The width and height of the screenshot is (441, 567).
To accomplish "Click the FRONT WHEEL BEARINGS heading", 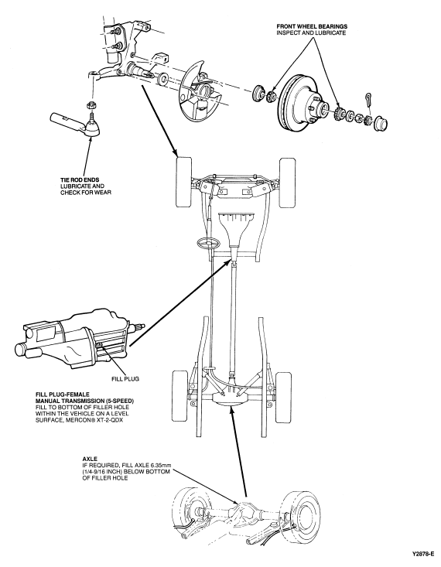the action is tap(312, 26).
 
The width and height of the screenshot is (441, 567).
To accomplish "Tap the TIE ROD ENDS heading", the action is tap(80, 179).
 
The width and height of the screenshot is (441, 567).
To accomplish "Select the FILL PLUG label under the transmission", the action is tap(125, 379).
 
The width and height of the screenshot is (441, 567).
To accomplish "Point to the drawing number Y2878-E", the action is tap(422, 554).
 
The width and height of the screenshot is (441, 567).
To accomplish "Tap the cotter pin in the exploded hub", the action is tap(367, 100).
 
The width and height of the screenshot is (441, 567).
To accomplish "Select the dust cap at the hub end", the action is tap(380, 125).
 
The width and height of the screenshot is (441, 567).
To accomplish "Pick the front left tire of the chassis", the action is tap(184, 182).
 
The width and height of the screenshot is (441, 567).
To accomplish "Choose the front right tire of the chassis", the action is tap(288, 183).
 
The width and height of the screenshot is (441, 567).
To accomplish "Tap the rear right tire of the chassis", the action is tap(283, 397).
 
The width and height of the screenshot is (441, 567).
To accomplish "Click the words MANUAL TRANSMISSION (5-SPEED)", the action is tap(84, 401).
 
